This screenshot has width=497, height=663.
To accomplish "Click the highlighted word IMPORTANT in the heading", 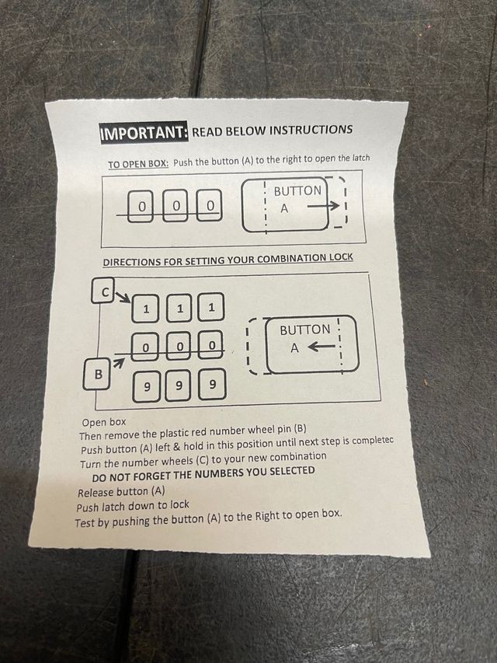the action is point(144,133).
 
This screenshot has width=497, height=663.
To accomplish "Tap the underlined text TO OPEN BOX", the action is point(138,164).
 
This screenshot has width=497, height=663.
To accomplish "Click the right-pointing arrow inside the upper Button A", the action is point(323,206).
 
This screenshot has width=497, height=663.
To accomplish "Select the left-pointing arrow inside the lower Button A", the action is point(322,347).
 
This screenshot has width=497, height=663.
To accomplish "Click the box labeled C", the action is point(103,290).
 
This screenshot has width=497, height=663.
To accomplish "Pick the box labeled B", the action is point(96,374).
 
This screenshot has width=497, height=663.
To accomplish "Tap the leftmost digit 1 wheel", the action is point(146,309).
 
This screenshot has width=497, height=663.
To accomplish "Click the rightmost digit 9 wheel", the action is point(212,384).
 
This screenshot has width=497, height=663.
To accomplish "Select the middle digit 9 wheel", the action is point(179,386).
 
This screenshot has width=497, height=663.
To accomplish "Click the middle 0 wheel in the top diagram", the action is point(176,206).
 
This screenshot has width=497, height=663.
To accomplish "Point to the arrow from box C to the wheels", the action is point(122,296).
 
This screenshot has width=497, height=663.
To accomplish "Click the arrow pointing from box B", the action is point(119,363).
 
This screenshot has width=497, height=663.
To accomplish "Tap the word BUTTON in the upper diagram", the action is point(297,190).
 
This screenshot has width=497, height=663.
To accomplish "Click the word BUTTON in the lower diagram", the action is point(305,330).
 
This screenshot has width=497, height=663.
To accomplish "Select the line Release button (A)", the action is point(121,492).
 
